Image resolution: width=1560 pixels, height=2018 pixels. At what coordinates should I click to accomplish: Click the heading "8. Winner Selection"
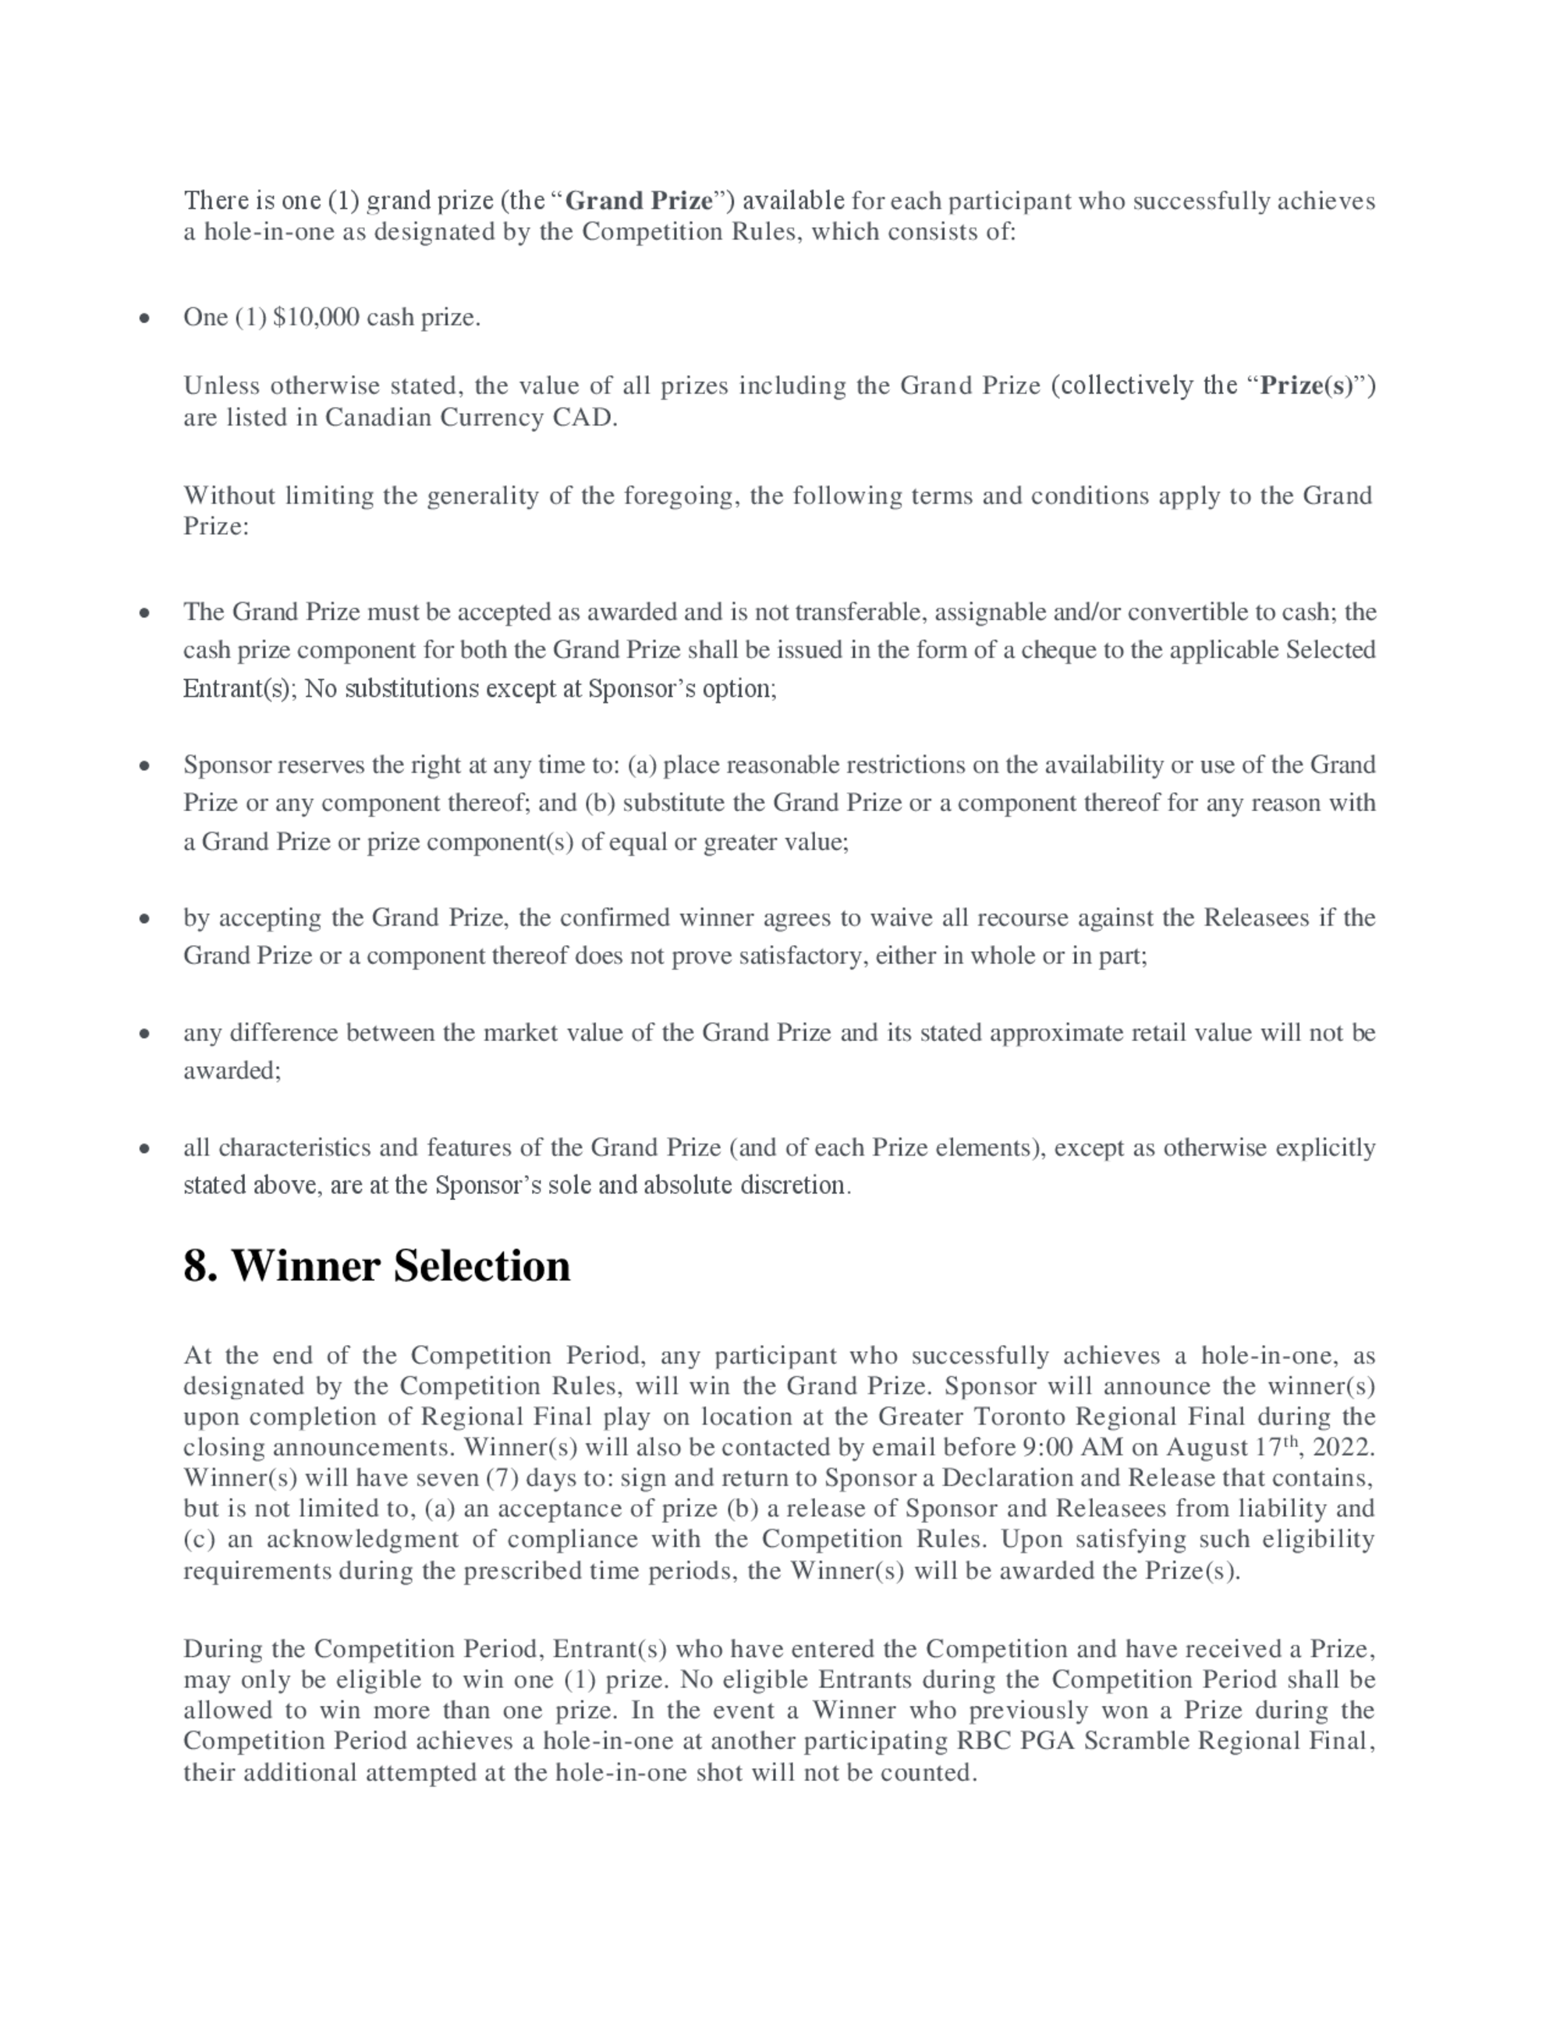376,1265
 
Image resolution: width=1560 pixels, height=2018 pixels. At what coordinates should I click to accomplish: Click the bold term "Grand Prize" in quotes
639,200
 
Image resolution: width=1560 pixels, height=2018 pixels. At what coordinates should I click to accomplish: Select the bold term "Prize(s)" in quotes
1306,385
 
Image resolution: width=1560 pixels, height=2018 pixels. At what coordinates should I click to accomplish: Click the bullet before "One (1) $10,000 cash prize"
144,319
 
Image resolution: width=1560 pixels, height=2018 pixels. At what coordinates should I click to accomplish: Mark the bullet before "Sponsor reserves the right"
144,766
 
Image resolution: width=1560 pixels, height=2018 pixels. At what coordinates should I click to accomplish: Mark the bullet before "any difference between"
144,1034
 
